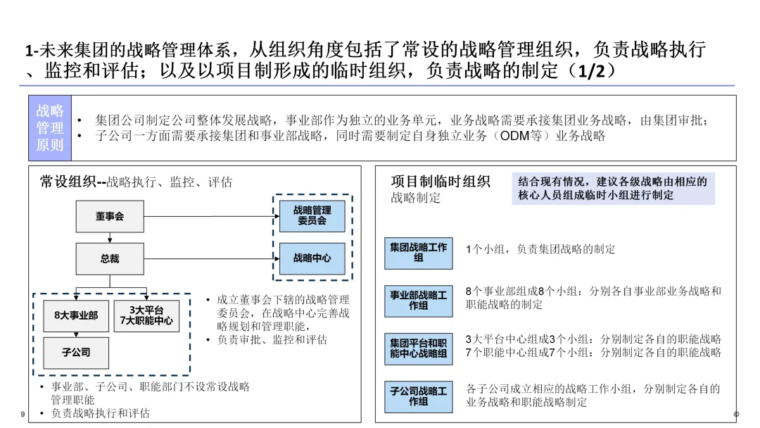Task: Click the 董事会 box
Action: pos(110,216)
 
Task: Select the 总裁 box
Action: pos(110,259)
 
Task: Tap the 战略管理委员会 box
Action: pos(312,215)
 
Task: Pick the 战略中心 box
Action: pos(312,258)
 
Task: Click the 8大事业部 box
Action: pos(76,315)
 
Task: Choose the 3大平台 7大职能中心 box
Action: pos(146,315)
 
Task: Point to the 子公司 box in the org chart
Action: pos(76,353)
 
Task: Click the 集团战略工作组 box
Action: pos(418,253)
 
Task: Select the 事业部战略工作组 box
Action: pos(418,301)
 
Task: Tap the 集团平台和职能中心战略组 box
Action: pos(418,348)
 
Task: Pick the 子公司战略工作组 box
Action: pos(418,396)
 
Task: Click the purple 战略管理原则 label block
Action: pos(50,128)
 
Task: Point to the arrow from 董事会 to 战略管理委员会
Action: pos(212,216)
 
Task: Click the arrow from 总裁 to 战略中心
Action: pos(212,259)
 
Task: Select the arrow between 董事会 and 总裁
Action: pos(110,237)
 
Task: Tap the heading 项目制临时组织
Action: pos(441,182)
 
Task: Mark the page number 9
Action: pos(23,414)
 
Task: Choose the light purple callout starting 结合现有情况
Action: pos(613,189)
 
